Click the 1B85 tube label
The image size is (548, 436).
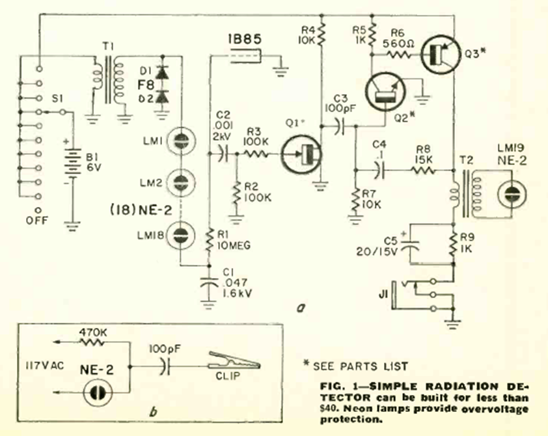[244, 40]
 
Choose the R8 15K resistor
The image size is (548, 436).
[424, 170]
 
